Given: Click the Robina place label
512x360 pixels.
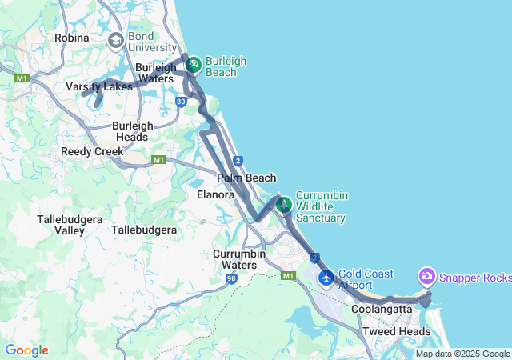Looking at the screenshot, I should [x=71, y=38].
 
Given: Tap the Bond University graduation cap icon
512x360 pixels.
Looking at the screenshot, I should [x=116, y=39].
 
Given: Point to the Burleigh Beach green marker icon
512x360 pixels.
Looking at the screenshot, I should [x=193, y=62].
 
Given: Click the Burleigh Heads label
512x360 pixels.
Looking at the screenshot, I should [x=130, y=131].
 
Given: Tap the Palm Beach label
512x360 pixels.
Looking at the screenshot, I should [x=246, y=178].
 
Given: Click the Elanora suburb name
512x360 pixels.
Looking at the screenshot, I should [x=215, y=194].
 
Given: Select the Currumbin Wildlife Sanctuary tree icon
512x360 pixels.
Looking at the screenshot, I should [x=283, y=204].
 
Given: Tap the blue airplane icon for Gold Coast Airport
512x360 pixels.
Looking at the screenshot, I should [x=326, y=278].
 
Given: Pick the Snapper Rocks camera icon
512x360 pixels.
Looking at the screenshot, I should [x=427, y=277].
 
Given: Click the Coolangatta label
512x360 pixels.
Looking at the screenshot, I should [x=381, y=309].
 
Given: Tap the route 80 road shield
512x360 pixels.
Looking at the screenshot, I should [x=182, y=102].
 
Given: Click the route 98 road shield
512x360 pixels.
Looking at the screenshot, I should [x=231, y=278].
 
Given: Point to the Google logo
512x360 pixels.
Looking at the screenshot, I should [x=26, y=350].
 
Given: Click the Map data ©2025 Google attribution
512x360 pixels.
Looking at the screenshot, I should [x=462, y=354].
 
